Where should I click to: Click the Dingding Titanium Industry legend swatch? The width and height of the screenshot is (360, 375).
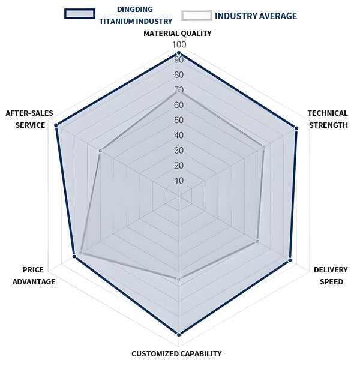[x=80, y=14]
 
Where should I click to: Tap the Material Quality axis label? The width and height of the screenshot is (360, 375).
[x=178, y=34]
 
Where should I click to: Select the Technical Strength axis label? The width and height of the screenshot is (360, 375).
[x=328, y=119]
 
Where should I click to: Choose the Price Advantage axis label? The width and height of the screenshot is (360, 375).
[x=34, y=275]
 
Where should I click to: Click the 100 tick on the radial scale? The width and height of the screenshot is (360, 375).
[x=179, y=45]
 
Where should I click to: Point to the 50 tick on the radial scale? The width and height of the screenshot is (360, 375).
[x=179, y=120]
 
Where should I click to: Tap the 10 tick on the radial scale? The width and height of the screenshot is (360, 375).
[x=179, y=181]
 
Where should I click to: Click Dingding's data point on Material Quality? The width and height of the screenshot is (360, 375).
[x=179, y=53]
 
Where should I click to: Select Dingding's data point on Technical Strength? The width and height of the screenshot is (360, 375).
[x=296, y=127]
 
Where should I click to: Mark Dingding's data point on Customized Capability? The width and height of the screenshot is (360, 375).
[x=179, y=334]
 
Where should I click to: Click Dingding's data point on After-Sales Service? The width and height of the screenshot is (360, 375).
[x=56, y=125]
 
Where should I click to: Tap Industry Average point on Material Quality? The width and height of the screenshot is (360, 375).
[x=179, y=91]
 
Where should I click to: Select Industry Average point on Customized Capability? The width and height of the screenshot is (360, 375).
[x=179, y=278]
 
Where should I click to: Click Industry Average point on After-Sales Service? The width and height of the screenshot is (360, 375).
[x=100, y=151]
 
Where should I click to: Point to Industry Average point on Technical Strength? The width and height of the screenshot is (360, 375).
[x=263, y=146]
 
